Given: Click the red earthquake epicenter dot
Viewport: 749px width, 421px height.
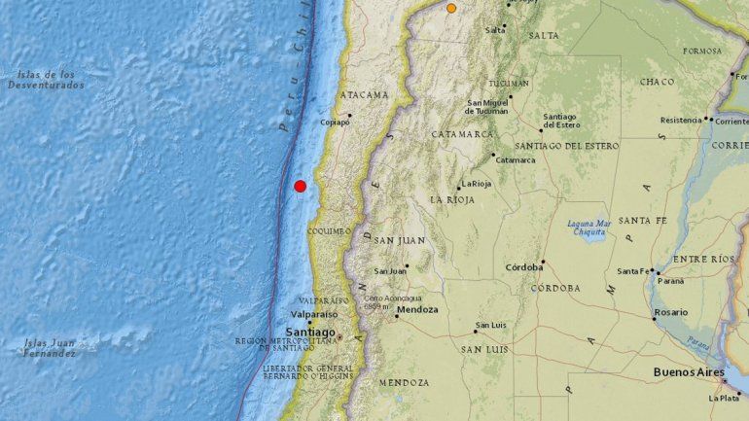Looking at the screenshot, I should click(300, 186).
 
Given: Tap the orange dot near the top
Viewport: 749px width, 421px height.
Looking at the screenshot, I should click(451, 8).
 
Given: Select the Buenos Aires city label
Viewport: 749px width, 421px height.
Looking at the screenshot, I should click(691, 372).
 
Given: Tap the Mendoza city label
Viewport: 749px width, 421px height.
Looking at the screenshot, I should click(417, 310).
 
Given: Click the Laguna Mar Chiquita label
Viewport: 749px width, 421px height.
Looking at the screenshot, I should click(588, 228).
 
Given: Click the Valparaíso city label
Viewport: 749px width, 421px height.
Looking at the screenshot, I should click(310, 314).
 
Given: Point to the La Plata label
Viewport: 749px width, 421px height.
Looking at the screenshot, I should click(724, 398).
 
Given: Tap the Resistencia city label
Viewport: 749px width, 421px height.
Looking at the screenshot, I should click(681, 121).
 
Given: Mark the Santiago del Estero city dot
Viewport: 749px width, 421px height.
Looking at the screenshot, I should click(542, 130).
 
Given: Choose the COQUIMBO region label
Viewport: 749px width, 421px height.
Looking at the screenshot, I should click(328, 231).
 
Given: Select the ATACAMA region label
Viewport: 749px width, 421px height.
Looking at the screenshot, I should click(364, 94).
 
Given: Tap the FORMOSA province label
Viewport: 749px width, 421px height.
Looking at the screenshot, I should click(701, 51).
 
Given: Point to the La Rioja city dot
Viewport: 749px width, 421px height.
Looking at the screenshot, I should click(459, 189).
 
